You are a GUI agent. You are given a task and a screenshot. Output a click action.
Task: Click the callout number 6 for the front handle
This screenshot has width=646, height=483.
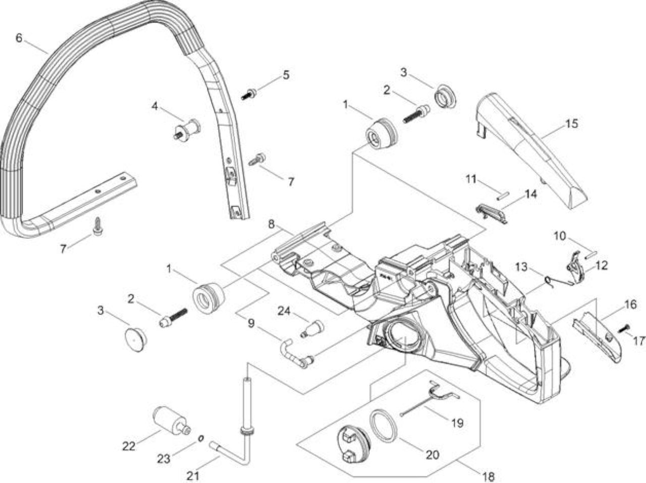pos(19,38)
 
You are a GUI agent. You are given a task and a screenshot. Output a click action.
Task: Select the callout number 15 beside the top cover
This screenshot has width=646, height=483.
pos(571,124)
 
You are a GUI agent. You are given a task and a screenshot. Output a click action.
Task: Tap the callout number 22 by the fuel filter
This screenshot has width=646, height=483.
pos(129,446)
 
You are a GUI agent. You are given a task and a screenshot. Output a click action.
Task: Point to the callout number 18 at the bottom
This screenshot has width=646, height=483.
pos(489,476)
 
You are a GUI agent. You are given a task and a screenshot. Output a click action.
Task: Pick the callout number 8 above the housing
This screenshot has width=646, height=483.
pos(271,224)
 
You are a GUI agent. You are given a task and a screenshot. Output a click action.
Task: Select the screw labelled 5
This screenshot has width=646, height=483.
pos(249,94)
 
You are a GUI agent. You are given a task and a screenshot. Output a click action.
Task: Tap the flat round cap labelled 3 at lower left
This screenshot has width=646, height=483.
pos(136,340)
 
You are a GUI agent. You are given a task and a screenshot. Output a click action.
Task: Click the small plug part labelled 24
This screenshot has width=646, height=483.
pos(312,329)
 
